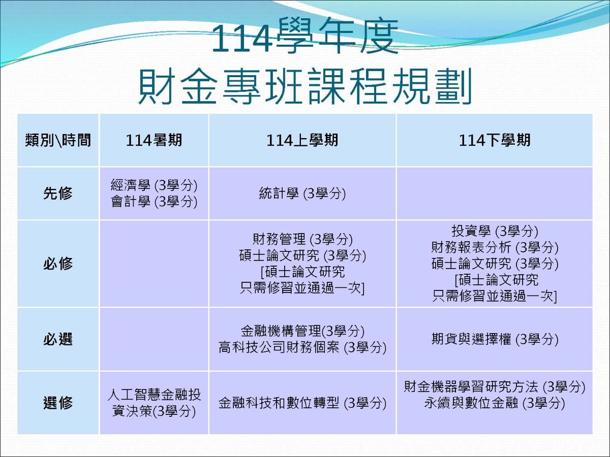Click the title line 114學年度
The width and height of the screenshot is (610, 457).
click(x=304, y=38)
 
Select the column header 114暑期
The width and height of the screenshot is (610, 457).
click(x=154, y=141)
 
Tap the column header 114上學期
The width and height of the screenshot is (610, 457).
click(x=302, y=141)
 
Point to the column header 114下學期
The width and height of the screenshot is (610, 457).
click(x=494, y=141)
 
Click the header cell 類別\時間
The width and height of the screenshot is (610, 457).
click(x=58, y=141)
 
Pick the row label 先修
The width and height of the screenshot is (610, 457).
click(x=58, y=193)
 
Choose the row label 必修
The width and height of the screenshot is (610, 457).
click(x=58, y=264)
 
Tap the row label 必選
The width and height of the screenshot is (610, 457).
click(x=58, y=339)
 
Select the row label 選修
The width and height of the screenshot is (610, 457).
click(x=58, y=403)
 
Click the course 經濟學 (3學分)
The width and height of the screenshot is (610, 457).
click(x=154, y=185)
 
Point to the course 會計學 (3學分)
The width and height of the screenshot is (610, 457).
click(x=154, y=202)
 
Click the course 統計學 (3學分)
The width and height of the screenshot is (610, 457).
click(x=302, y=194)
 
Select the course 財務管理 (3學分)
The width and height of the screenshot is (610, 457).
click(x=302, y=239)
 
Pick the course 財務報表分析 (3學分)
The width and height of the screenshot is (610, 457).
click(x=494, y=247)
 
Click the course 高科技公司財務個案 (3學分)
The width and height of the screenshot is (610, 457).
click(x=302, y=348)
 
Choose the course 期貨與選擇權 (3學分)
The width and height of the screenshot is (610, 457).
click(x=494, y=339)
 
